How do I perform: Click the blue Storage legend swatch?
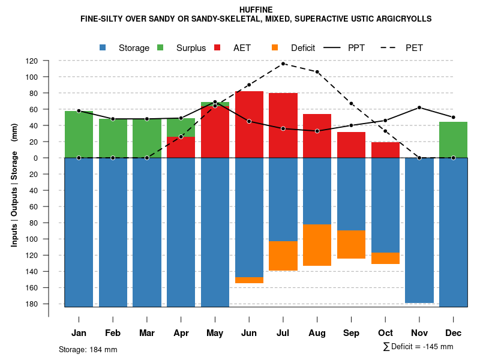pos(103,47)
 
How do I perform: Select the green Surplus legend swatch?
pos(161,47)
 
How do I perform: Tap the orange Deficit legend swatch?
pos(275,47)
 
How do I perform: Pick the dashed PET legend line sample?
pos(391,47)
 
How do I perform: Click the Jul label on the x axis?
pos(283,333)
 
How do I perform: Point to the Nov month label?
pos(419,333)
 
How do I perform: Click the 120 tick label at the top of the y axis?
pos(49,61)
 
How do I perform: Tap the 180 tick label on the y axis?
pos(49,304)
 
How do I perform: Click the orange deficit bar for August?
pos(317,245)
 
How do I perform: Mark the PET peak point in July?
pos(283,64)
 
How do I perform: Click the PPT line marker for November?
pos(419,107)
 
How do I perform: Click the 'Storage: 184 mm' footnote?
pos(88,349)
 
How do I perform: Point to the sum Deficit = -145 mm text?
pos(418,347)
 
